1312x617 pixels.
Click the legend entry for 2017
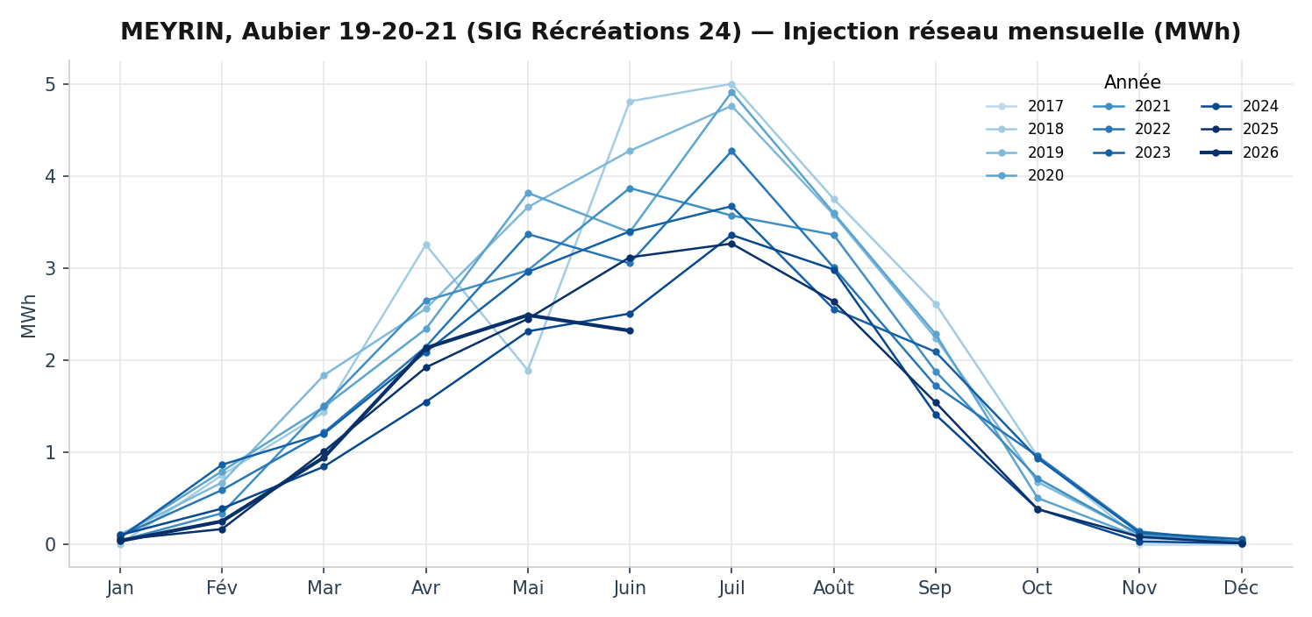(1025, 106)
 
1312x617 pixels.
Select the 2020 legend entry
(1025, 175)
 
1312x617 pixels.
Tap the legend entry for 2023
(1132, 152)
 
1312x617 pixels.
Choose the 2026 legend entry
(1240, 152)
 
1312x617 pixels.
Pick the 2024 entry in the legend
(1240, 106)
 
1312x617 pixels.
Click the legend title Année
(1132, 82)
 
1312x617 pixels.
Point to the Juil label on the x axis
(731, 588)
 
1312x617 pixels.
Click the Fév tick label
(222, 588)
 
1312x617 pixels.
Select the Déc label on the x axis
(1241, 588)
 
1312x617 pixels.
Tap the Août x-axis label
(833, 588)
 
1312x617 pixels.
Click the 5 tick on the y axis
(50, 85)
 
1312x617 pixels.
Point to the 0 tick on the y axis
(50, 545)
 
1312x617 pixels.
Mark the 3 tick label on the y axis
(50, 269)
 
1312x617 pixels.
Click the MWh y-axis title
(28, 316)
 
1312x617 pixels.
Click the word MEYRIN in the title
(172, 32)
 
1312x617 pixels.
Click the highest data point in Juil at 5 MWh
(731, 85)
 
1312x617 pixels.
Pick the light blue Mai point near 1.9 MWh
(528, 371)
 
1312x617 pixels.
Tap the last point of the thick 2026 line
(631, 330)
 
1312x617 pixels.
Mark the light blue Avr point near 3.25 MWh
(426, 245)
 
